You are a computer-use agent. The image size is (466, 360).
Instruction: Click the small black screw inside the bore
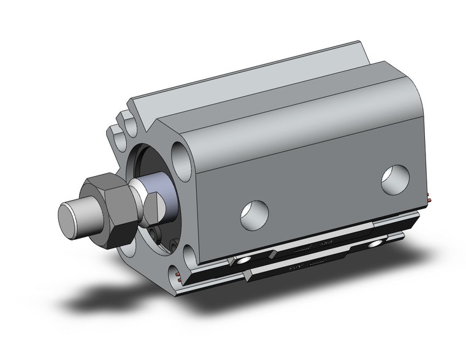tap(158, 233)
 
